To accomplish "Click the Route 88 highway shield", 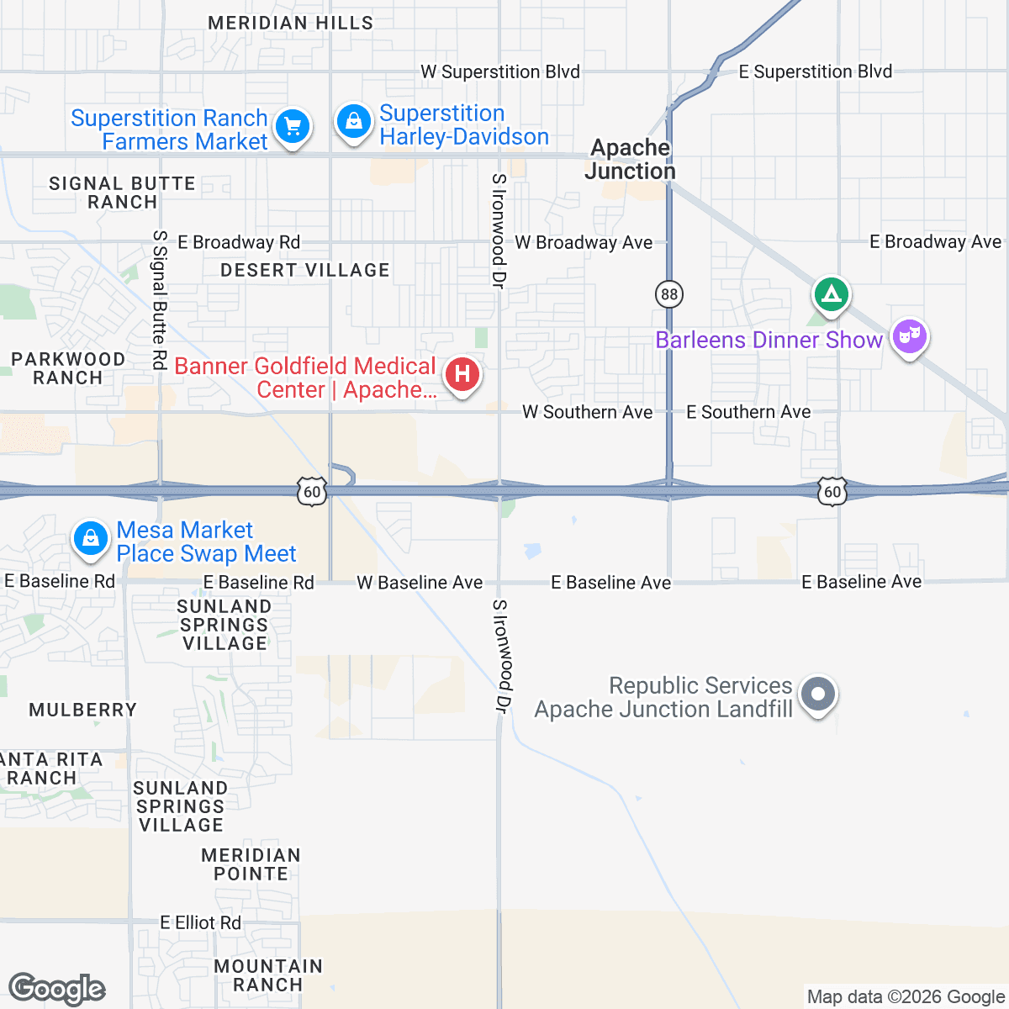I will click(x=669, y=293).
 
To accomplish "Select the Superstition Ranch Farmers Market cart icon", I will click(x=293, y=127).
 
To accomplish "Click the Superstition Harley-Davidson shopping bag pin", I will click(x=354, y=122).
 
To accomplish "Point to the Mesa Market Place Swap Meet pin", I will click(x=91, y=537).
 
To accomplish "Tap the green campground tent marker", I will click(x=831, y=294).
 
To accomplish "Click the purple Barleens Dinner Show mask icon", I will click(x=908, y=337).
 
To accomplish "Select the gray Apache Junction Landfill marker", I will click(x=817, y=695).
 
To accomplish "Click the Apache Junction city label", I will click(x=631, y=159).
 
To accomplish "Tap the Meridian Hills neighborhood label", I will click(x=290, y=23).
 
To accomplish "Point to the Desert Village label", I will click(x=305, y=270).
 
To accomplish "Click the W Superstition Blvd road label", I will click(x=500, y=72).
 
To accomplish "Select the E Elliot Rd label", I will click(x=201, y=922).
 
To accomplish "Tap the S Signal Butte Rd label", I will click(x=159, y=299).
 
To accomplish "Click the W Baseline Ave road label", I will click(x=420, y=583).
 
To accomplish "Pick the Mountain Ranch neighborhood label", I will click(x=268, y=975).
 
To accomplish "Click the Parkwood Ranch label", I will click(x=68, y=368).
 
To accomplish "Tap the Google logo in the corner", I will click(x=57, y=990).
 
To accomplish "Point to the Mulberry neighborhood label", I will click(x=82, y=711).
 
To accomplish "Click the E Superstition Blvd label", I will click(x=815, y=72).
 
